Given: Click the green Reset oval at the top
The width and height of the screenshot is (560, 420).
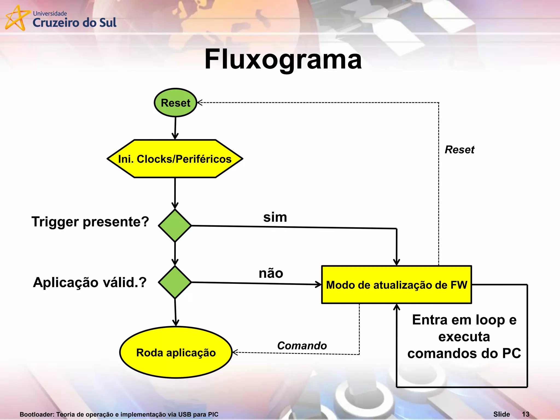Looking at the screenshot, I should [176, 103].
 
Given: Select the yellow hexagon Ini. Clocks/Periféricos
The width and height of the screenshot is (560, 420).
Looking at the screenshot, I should [175, 159].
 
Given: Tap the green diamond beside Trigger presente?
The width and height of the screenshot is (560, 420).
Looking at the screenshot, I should [175, 226].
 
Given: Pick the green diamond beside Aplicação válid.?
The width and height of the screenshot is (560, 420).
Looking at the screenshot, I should [175, 282].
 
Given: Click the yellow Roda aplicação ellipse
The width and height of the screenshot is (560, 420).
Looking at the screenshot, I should [176, 352].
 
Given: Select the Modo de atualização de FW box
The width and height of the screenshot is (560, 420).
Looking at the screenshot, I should [396, 285].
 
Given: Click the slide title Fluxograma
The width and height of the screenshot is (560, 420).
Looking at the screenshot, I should [283, 59].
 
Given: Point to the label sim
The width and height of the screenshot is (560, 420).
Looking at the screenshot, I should [275, 217].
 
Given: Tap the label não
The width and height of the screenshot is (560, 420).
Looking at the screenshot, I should [271, 273].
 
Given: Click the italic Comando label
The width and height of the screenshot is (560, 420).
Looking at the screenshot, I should [302, 346].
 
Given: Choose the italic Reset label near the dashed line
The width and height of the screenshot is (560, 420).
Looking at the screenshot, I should [459, 150].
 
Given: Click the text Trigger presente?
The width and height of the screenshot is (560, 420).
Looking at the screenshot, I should [90, 222].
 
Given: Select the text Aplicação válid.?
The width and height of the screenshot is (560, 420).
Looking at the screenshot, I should [90, 282].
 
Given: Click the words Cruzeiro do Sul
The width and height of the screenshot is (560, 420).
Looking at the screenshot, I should [74, 23].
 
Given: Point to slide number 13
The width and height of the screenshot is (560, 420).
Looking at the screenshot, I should [526, 414].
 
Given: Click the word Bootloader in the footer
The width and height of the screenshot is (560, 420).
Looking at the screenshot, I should [37, 415].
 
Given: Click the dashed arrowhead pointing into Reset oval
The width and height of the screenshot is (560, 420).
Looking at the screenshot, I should [199, 103].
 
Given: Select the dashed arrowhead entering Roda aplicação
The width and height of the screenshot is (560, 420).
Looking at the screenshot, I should [234, 352].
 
